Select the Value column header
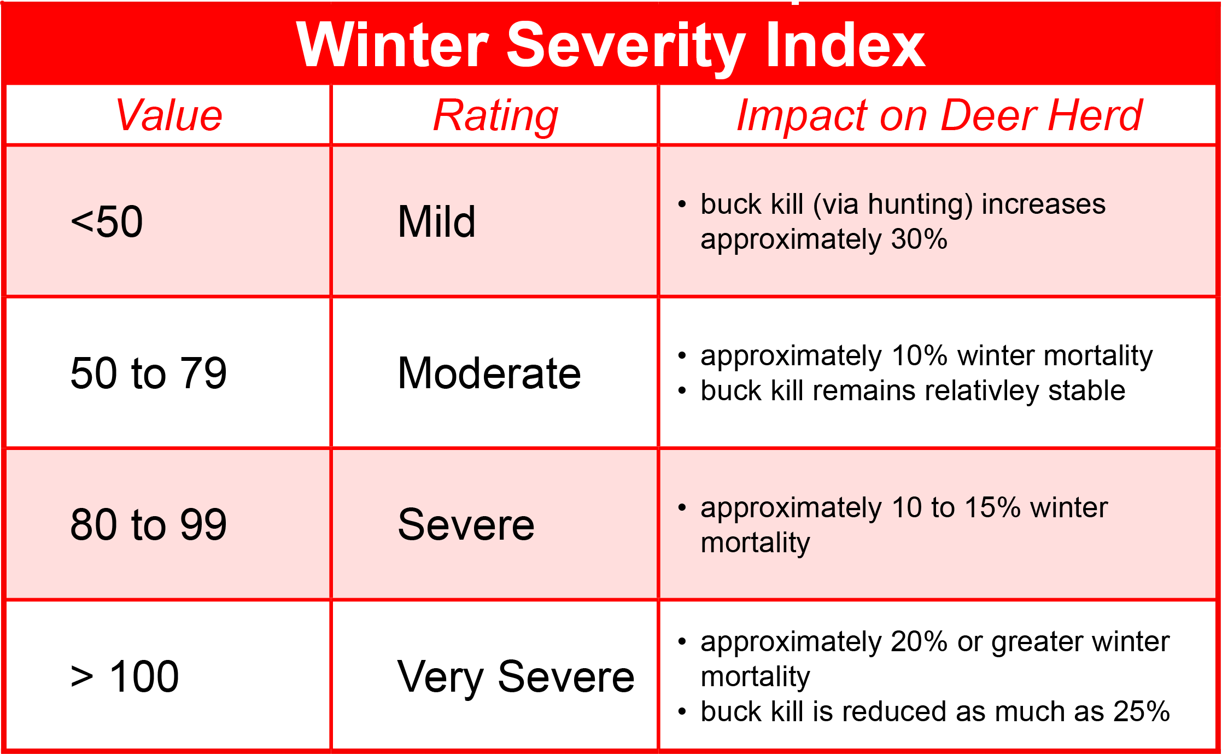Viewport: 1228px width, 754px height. pyautogui.click(x=169, y=115)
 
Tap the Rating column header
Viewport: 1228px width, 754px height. pyautogui.click(x=495, y=115)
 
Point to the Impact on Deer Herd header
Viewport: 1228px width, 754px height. pyautogui.click(x=939, y=115)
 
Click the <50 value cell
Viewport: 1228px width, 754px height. pyautogui.click(x=107, y=221)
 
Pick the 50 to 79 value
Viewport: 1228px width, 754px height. pyautogui.click(x=148, y=373)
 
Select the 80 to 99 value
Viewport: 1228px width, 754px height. pyautogui.click(x=148, y=524)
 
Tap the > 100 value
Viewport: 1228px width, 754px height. pyautogui.click(x=125, y=676)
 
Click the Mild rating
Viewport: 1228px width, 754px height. pyautogui.click(x=436, y=221)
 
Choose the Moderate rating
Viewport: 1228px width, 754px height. pyautogui.click(x=489, y=373)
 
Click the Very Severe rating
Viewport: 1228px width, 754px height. pyautogui.click(x=516, y=676)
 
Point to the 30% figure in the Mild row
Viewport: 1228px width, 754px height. pyautogui.click(x=919, y=239)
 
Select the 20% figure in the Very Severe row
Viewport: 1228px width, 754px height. pyautogui.click(x=919, y=641)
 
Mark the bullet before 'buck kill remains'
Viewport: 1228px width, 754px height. pyautogui.click(x=682, y=390)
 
